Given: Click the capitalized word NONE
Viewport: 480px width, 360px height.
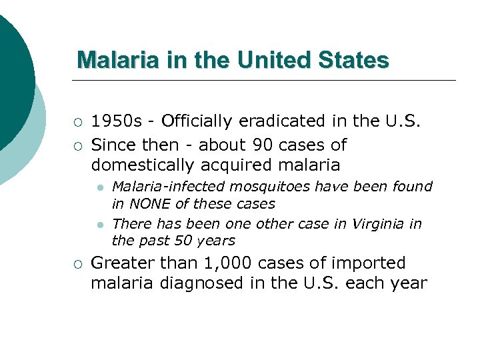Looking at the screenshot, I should pyautogui.click(x=149, y=203).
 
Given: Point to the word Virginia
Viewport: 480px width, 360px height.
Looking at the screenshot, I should pyautogui.click(x=379, y=223).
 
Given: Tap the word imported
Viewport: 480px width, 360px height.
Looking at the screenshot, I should pyautogui.click(x=371, y=263).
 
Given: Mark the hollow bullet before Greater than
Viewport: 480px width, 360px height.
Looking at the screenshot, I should pyautogui.click(x=78, y=264).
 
